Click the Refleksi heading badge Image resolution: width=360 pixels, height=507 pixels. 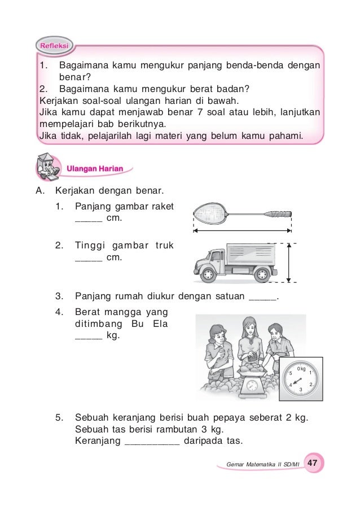54,45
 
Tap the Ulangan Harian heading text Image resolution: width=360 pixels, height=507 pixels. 98,168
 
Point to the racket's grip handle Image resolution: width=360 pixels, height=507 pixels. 280,214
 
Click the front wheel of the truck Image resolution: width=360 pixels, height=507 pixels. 207,274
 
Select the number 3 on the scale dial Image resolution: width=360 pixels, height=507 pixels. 301,390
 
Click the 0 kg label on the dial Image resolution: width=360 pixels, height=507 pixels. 301,369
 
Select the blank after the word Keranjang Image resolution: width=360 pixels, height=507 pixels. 151,441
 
